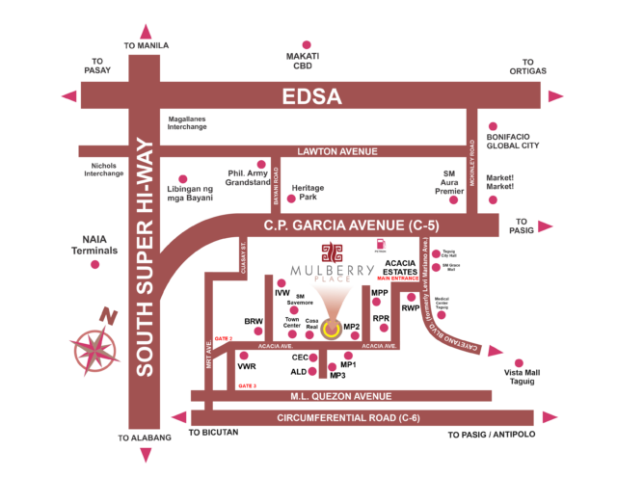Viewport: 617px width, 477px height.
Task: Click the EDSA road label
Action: (x=310, y=96)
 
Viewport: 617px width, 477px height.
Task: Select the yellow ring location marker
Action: (x=331, y=330)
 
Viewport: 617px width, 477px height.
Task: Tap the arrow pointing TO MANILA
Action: (x=145, y=31)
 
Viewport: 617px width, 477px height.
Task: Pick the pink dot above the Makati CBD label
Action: (x=307, y=44)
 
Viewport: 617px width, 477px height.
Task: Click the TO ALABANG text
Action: (x=145, y=437)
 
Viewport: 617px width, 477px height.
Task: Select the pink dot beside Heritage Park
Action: (x=291, y=199)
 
